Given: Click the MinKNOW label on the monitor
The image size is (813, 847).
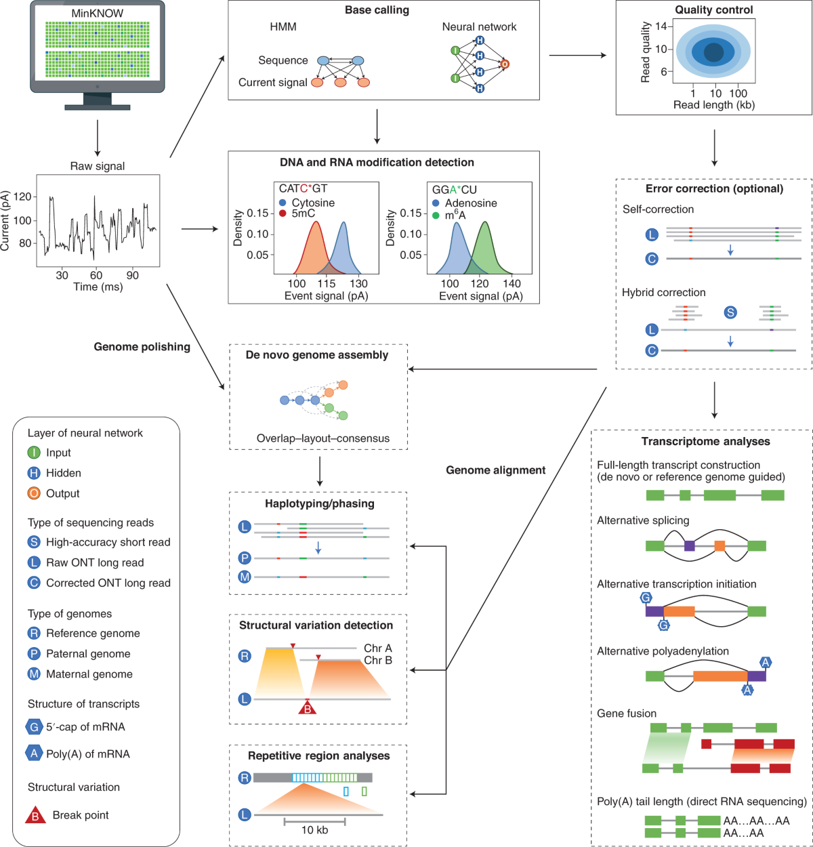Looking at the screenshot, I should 97,14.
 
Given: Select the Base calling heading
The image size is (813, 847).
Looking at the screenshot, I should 377,10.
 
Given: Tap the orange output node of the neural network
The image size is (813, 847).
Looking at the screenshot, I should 504,64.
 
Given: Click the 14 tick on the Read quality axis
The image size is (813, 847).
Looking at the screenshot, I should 661,26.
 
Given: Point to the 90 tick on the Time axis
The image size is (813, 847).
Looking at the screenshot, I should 132,275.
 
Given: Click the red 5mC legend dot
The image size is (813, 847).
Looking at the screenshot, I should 283,213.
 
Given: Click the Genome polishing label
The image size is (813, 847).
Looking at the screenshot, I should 142,347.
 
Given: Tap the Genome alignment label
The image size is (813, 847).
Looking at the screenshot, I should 495,470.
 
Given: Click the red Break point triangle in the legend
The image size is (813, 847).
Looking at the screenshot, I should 35,815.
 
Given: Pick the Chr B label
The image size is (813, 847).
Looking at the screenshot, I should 378,660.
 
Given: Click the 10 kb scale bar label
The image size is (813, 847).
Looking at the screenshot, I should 314,830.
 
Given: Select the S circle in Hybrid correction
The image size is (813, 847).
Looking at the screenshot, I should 730,312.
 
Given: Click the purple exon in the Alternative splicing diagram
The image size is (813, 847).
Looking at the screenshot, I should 690,546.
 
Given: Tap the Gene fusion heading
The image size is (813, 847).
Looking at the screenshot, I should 627,714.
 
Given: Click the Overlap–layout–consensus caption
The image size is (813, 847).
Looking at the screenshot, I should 322,438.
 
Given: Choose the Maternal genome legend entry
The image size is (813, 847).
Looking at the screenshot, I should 89,674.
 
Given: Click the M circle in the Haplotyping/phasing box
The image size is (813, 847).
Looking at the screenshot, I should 245,577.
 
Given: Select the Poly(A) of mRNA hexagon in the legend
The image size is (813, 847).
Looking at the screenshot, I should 34,753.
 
